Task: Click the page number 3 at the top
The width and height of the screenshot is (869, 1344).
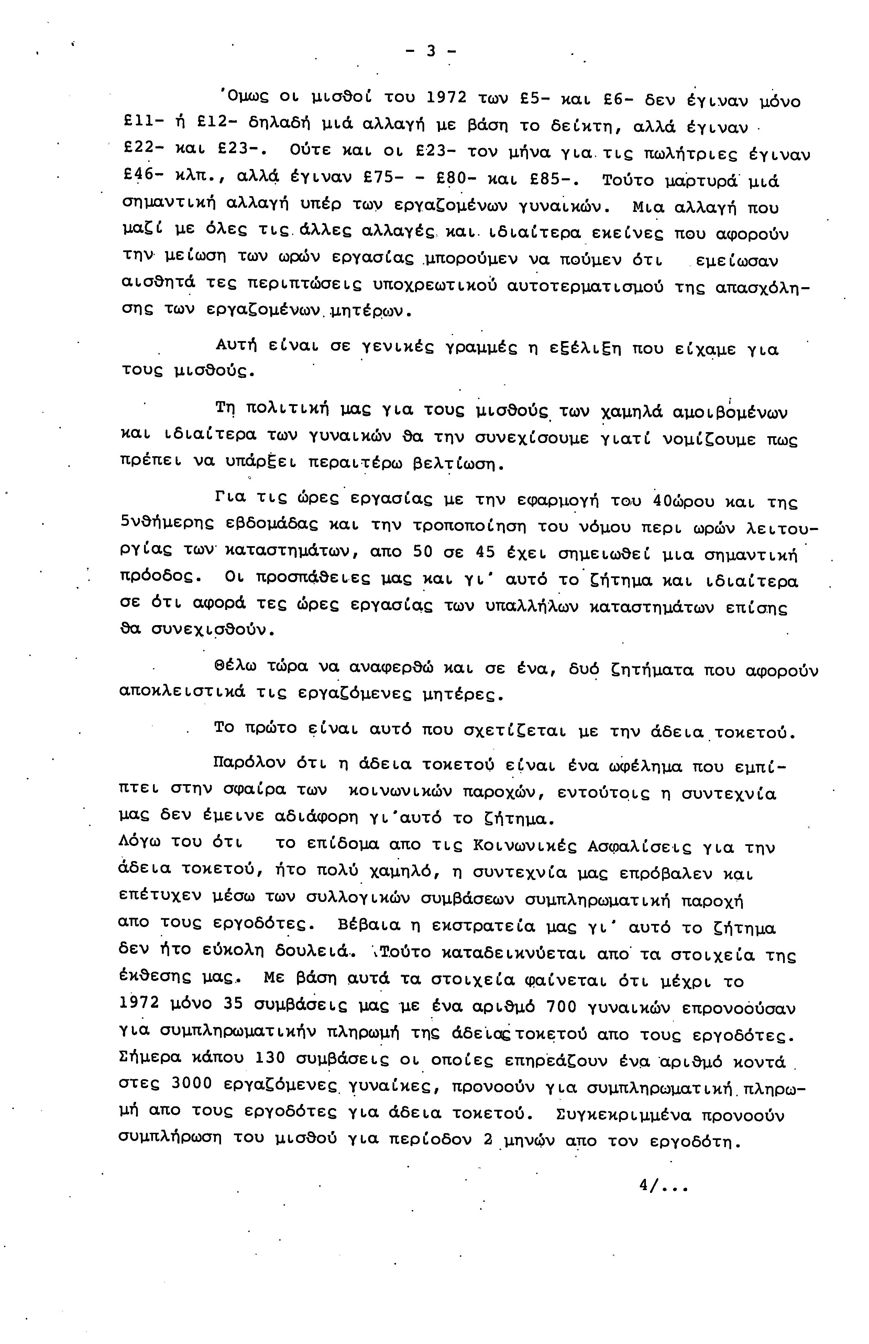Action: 431,51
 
